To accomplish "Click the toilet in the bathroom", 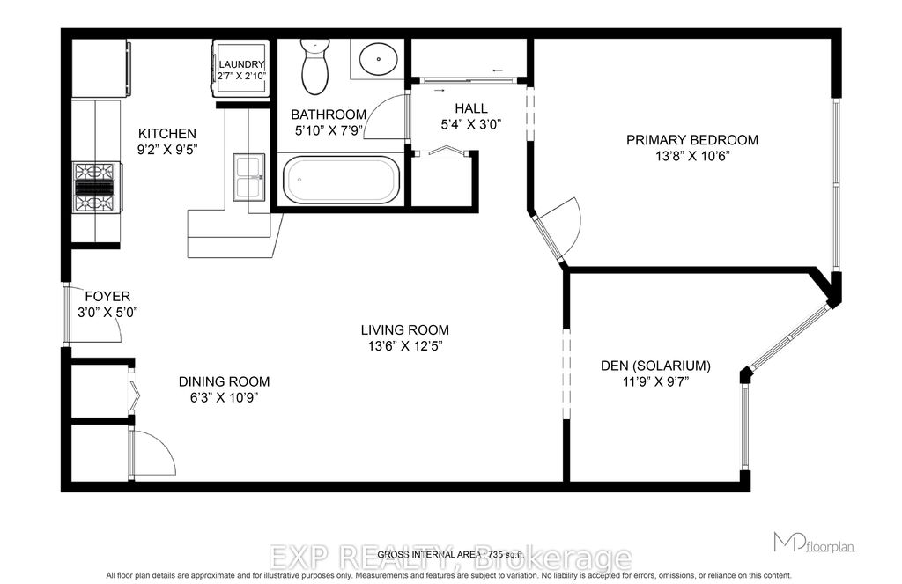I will pos(314,68).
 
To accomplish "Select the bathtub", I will pos(342,180).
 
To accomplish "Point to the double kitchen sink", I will pos(249,176).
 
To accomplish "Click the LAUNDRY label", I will pos(242,64).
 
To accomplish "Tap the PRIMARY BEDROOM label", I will pos(691,139).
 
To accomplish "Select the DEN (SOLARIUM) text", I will pos(655,366).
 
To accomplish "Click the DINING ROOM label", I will pos(224,381).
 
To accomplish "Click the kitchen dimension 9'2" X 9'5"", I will pos(166,149).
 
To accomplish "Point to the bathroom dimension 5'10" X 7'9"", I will pos(328,130).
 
